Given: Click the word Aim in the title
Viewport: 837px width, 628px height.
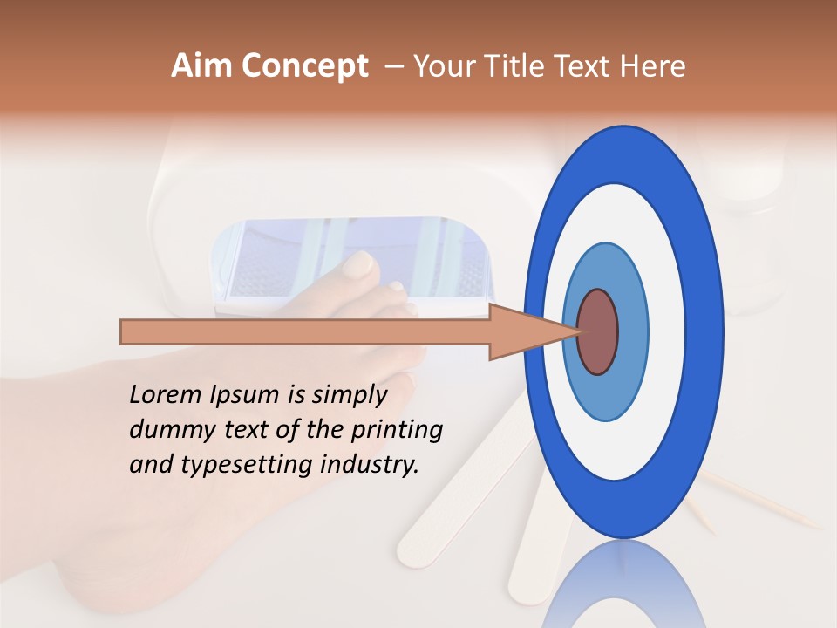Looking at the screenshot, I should (x=202, y=66).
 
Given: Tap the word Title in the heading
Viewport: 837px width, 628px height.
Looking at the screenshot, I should (x=519, y=66).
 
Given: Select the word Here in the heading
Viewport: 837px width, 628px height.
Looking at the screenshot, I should (x=653, y=66).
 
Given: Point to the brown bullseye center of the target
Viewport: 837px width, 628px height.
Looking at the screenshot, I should (x=597, y=332).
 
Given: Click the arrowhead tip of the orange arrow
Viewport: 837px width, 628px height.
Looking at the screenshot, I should (x=578, y=332).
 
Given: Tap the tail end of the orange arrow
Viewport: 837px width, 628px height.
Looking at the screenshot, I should (x=123, y=332).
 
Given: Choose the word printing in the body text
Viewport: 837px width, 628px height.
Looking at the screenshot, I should (x=398, y=431).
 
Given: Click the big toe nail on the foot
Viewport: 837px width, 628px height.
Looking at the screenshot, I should (x=358, y=264).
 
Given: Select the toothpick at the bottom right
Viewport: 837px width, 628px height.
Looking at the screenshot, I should (x=767, y=502).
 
